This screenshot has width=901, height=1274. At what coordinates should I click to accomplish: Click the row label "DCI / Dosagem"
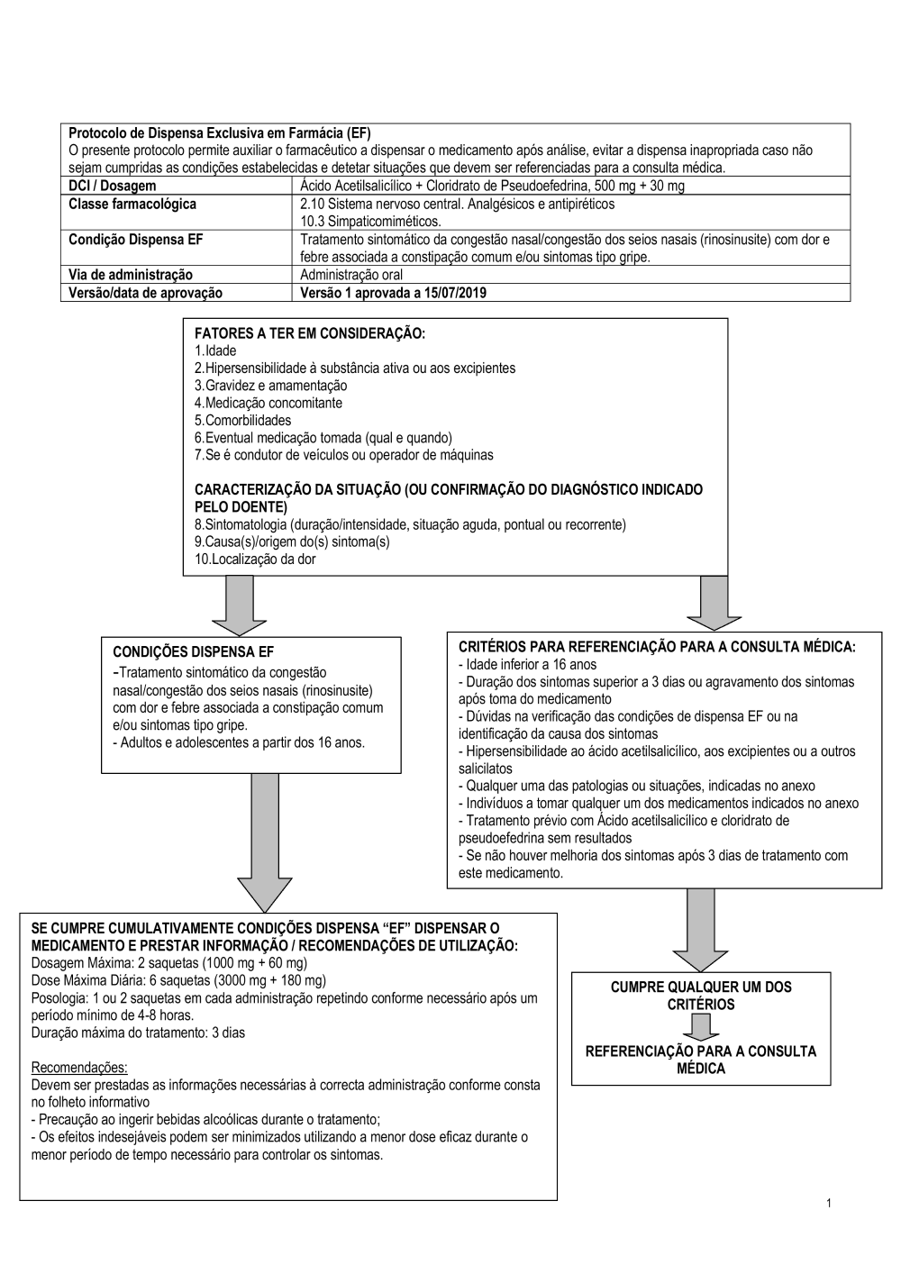pos(112,186)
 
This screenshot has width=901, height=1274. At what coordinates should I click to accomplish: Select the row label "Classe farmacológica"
pos(132,204)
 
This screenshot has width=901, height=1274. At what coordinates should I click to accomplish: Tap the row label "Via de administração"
pos(130,275)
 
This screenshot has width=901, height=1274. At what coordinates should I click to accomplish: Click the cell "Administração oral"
pos(351,275)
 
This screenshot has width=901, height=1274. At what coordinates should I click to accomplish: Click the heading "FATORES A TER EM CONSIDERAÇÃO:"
pos(309,333)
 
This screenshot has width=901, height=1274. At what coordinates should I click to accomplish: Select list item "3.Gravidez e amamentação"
pos(270,386)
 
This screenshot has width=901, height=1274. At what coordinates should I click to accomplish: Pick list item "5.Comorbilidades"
pos(242,420)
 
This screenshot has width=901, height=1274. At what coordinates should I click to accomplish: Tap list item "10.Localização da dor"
pos(255,559)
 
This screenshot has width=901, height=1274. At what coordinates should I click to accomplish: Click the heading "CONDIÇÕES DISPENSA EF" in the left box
pos(193,651)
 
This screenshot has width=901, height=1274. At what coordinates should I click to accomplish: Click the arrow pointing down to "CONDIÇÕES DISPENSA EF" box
pos(240,606)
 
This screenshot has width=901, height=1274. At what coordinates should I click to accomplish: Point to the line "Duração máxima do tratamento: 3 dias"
pos(138,1033)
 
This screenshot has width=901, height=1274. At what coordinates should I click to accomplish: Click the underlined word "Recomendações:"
pos(79,1068)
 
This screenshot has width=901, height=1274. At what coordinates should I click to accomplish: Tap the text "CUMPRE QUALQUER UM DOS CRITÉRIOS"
pos(701,995)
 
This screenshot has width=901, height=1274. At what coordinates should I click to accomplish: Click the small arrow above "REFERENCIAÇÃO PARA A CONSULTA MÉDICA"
pos(701,1027)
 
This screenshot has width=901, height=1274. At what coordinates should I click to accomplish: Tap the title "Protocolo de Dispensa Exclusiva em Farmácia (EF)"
pos(220,132)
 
